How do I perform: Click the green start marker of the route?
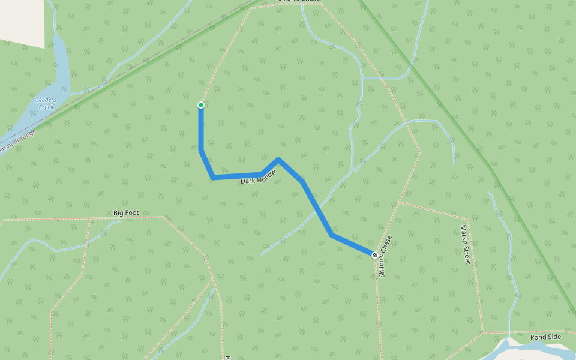point(201,105)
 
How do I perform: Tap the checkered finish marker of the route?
point(375,256)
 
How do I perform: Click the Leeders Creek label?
point(46,103)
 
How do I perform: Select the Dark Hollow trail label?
point(258,177)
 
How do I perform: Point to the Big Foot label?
point(126,212)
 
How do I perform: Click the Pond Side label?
point(545,337)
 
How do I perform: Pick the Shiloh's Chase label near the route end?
point(385,256)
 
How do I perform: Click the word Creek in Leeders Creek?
point(46,107)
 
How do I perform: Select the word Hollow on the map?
point(268,175)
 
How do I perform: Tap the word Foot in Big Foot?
point(132,212)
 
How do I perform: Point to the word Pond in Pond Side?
point(538,337)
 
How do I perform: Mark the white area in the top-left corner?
point(22,22)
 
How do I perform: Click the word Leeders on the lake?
point(46,100)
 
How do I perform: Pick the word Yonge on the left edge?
point(28,136)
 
